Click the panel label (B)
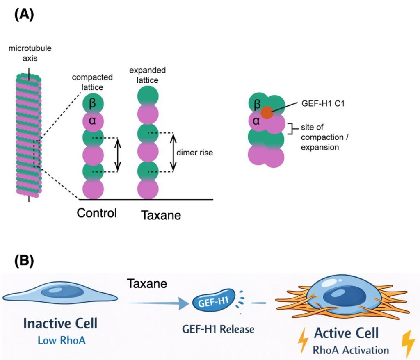click(x=23, y=261)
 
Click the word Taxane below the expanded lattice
click(x=161, y=215)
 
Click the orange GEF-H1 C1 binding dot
click(x=267, y=112)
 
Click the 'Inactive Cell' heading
click(x=60, y=323)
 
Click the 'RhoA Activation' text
click(x=351, y=350)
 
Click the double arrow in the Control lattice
click(x=118, y=155)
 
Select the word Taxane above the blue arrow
click(x=146, y=284)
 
